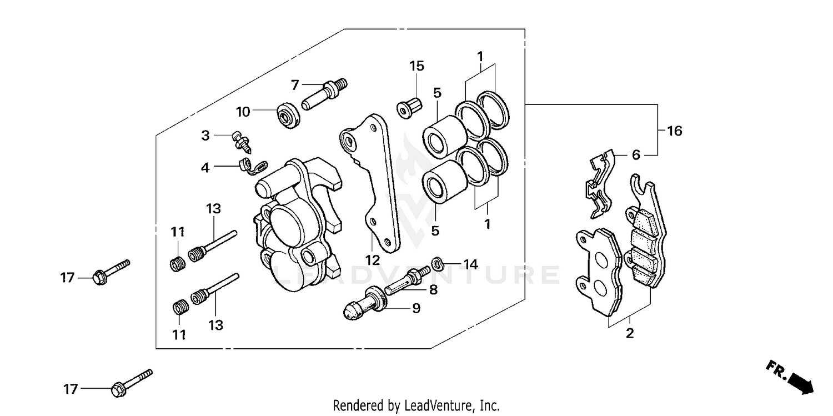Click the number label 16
click(x=674, y=132)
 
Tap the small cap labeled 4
click(x=244, y=164)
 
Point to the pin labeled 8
click(x=408, y=279)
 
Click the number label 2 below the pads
click(x=630, y=334)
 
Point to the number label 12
click(x=372, y=259)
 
